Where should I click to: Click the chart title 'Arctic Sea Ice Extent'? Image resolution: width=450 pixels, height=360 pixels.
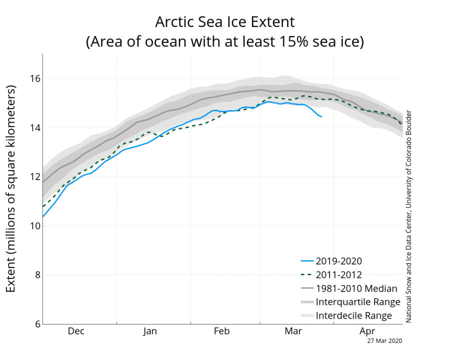click(224, 22)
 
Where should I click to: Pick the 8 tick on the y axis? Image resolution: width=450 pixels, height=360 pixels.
click(36, 274)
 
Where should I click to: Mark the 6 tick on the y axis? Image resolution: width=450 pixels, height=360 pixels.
click(36, 323)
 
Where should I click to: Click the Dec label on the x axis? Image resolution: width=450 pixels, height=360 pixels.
click(76, 331)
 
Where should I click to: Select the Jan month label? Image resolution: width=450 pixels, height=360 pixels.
click(150, 331)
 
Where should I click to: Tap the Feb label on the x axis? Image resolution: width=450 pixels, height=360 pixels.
click(222, 331)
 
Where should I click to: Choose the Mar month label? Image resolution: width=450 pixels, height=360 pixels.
click(293, 331)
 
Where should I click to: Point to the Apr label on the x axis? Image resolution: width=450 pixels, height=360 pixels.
click(367, 331)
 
